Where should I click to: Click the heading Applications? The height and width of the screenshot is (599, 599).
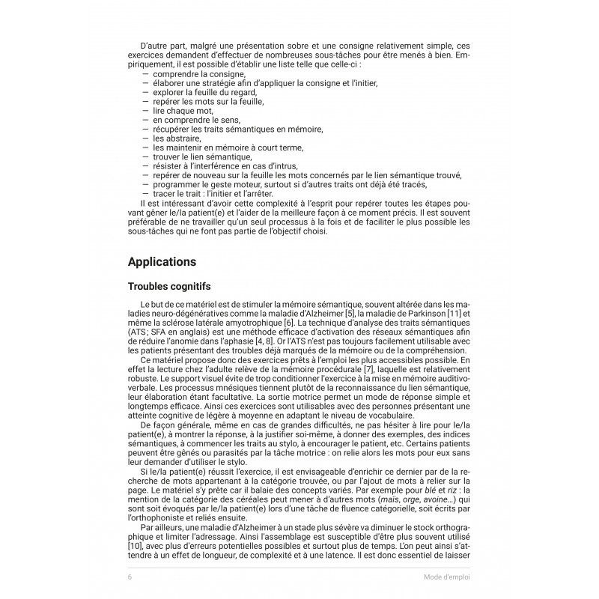tap(162, 262)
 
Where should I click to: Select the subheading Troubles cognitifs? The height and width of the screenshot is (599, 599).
tap(168, 287)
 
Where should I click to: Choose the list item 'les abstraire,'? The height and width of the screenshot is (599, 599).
tap(177, 139)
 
